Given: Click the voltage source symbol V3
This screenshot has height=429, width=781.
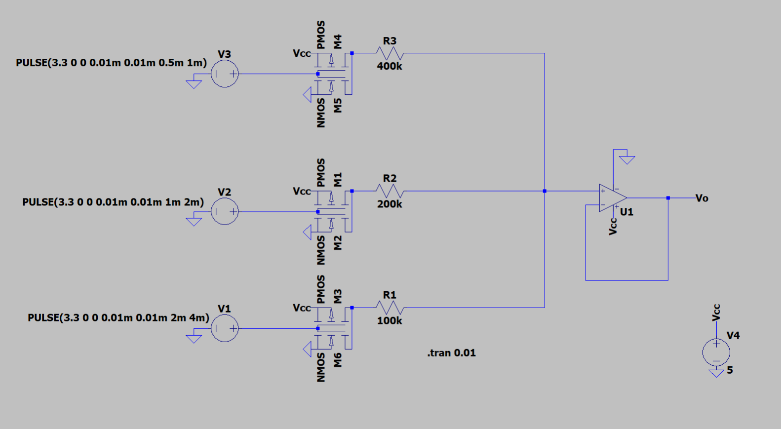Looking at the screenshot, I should (x=225, y=74).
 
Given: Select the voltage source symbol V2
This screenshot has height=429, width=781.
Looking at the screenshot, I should (x=225, y=212).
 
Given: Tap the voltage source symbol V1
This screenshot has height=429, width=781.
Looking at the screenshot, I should (x=225, y=328).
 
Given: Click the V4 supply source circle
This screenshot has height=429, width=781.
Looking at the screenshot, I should (x=716, y=352).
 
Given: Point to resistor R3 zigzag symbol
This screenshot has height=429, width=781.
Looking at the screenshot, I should (x=390, y=53).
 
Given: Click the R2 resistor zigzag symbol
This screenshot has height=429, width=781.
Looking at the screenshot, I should (x=390, y=191).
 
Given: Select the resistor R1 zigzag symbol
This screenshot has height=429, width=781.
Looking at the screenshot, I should (x=390, y=308).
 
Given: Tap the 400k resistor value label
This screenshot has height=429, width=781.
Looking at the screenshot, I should (x=390, y=66).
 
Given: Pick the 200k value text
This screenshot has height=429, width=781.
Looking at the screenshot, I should (x=390, y=204).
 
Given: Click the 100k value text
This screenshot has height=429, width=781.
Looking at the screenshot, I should (x=390, y=320).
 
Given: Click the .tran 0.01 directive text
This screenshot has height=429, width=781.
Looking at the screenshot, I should (x=451, y=353).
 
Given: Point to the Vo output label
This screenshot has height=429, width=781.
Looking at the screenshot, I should (x=702, y=198).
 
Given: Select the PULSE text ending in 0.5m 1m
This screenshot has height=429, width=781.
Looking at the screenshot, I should (x=111, y=63).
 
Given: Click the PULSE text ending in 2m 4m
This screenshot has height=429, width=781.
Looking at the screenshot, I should (x=118, y=317).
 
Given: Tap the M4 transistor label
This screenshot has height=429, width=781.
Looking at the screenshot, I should (x=338, y=42).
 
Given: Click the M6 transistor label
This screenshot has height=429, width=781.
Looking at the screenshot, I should (x=338, y=360).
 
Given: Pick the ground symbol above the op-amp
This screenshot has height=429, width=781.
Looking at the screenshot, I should (x=627, y=159).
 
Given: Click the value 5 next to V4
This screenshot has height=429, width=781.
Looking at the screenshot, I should (x=730, y=370).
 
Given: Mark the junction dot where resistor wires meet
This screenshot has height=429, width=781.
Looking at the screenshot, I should (x=545, y=191).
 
